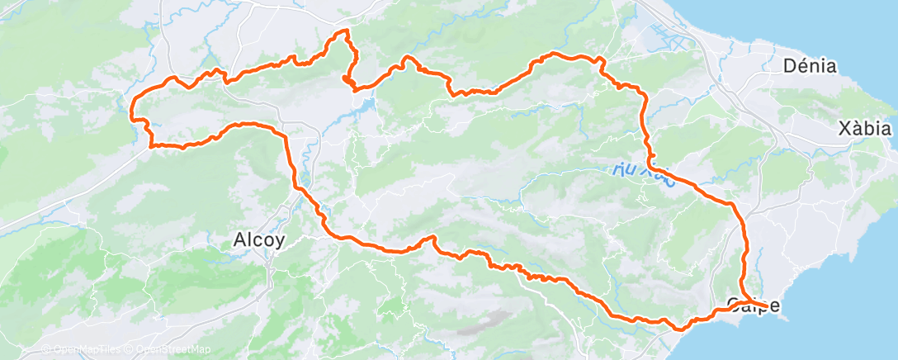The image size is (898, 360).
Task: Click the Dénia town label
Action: pyautogui.click(x=809, y=66)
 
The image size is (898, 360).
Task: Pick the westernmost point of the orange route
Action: pyautogui.click(x=132, y=106)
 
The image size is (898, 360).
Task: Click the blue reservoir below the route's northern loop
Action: pyautogui.click(x=363, y=107)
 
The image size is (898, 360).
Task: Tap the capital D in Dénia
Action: pyautogui.click(x=788, y=66)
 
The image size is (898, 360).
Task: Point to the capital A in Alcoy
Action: pyautogui.click(x=238, y=239)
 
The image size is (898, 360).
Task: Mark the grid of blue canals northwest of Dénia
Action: pyautogui.click(x=664, y=37)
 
